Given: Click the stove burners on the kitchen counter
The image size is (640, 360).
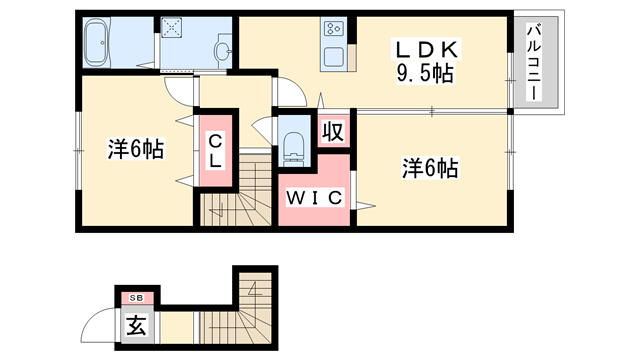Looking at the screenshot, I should point(332,32).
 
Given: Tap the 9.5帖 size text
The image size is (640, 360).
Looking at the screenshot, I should point(426,73).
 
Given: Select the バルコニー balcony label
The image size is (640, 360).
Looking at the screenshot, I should point(536,62).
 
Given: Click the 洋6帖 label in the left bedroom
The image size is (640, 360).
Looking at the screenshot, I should point(136,150).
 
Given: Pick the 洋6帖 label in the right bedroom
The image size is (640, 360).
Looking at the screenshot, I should point(430,169).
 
